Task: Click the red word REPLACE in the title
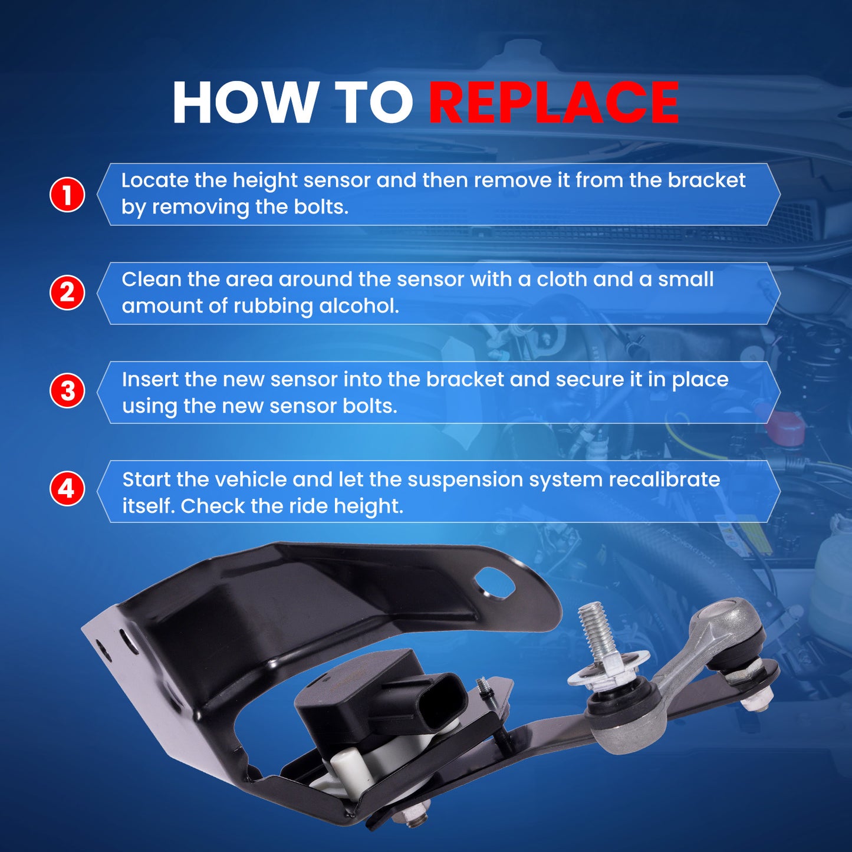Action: click(x=554, y=103)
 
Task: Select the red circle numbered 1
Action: click(x=67, y=195)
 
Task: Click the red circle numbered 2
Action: click(x=67, y=292)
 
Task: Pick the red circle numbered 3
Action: click(x=67, y=392)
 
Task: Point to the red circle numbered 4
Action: click(x=67, y=489)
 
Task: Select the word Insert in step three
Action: click(x=150, y=379)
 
